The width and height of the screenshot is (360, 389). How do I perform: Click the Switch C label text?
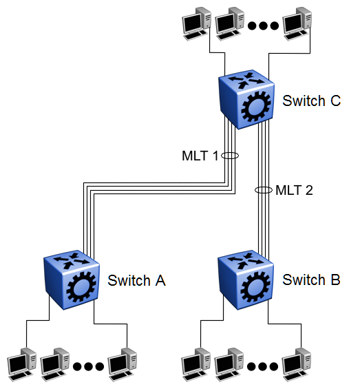click(x=311, y=101)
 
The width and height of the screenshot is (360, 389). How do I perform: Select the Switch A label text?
click(x=136, y=280)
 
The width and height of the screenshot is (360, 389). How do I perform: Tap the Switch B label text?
click(x=311, y=280)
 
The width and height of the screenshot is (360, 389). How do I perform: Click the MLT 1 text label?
click(x=200, y=156)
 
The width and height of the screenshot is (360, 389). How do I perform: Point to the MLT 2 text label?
click(x=294, y=190)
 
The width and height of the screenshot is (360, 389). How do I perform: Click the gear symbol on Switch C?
click(x=256, y=107)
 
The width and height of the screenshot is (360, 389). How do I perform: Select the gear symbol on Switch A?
click(x=81, y=286)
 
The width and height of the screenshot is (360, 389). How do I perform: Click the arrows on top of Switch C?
click(x=246, y=80)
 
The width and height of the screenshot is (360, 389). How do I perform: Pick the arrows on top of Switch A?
click(x=72, y=260)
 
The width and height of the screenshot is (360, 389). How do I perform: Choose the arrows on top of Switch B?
click(x=246, y=260)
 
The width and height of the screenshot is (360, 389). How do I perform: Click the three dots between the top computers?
click(x=263, y=25)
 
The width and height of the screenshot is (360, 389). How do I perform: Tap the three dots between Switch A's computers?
click(x=88, y=366)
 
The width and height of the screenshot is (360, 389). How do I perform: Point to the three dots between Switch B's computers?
click(x=263, y=366)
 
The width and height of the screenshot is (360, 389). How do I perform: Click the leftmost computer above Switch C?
click(x=196, y=24)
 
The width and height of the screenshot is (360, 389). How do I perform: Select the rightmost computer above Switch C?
click(x=297, y=24)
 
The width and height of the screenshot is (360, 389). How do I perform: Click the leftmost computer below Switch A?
click(x=22, y=364)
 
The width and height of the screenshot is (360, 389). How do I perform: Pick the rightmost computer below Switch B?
click(x=296, y=364)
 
